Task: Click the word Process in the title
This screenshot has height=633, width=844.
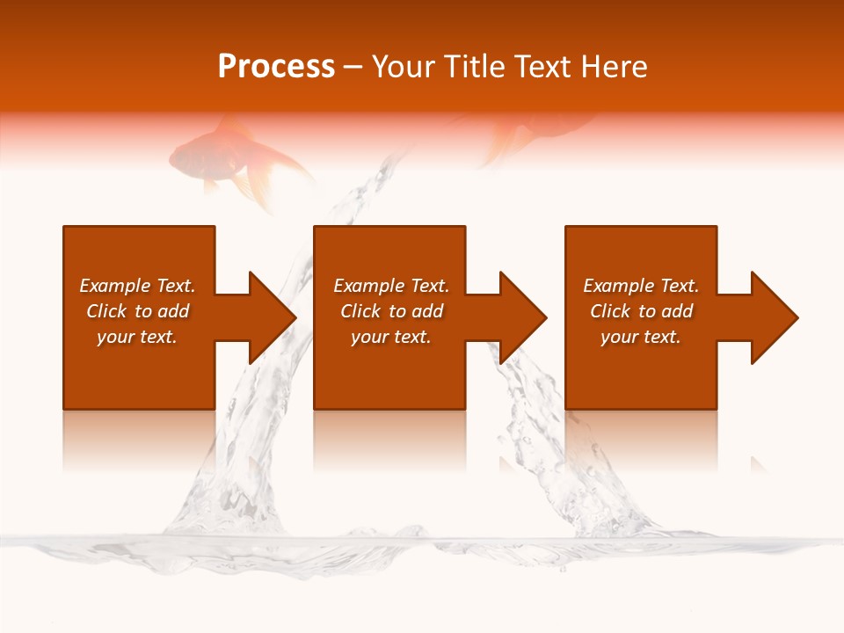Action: click(x=276, y=67)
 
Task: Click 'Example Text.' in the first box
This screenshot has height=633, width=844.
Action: click(x=137, y=286)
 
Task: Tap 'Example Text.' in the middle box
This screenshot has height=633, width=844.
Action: click(x=391, y=286)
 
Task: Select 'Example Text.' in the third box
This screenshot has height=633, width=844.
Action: click(x=641, y=286)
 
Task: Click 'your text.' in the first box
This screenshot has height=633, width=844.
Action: click(x=137, y=337)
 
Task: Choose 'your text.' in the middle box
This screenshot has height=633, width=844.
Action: click(x=391, y=337)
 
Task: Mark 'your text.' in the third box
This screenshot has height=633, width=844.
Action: click(x=641, y=337)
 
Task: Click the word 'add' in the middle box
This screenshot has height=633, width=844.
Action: click(x=427, y=311)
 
